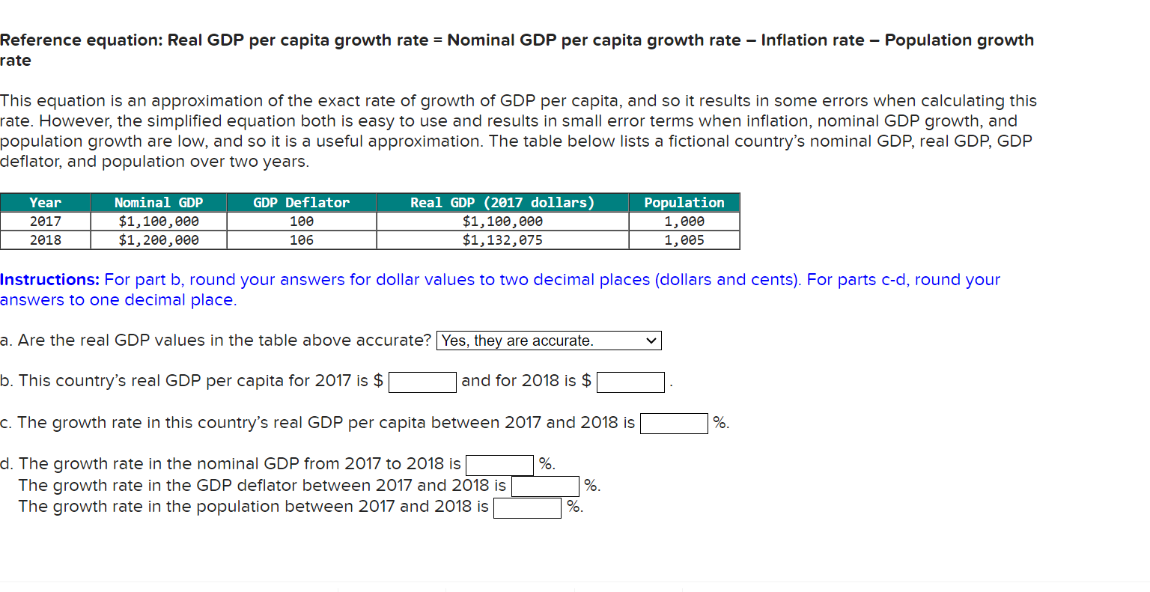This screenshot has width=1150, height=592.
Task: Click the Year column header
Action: [x=45, y=202]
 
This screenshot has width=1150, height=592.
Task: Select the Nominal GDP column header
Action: [x=158, y=202]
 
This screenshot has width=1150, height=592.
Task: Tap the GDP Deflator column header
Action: [x=301, y=202]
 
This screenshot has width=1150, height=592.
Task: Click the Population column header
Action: [x=684, y=202]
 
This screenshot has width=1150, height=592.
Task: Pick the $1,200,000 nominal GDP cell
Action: [x=158, y=240]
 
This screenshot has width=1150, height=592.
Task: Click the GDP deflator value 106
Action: [x=301, y=240]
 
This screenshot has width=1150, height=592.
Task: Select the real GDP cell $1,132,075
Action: [x=502, y=240]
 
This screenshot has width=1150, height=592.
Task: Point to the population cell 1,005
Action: [x=684, y=240]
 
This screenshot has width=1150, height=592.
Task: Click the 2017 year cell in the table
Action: [x=45, y=222]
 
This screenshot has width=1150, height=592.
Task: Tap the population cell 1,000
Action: [x=684, y=222]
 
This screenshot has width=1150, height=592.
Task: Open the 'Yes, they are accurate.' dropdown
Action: [x=549, y=341]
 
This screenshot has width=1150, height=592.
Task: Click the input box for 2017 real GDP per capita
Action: [x=422, y=382]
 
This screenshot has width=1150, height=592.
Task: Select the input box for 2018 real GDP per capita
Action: [x=630, y=382]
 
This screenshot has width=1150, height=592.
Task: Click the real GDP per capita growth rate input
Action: [x=674, y=424]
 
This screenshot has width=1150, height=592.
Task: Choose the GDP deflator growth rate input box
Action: [x=545, y=486]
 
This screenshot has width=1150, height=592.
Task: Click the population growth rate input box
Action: [x=527, y=508]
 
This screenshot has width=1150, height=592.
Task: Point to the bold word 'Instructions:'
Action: [x=49, y=280]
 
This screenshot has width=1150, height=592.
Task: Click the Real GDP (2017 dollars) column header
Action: [x=502, y=202]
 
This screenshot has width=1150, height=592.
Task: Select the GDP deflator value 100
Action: [x=301, y=222]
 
